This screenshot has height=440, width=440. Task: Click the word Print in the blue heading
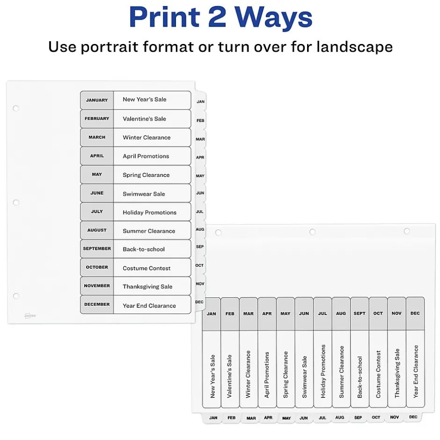coord(164,17)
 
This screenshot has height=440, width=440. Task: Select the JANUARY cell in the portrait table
coord(97,100)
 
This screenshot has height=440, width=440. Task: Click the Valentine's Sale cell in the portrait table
coord(152,119)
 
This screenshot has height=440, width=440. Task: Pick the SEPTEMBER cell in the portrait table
coord(97,249)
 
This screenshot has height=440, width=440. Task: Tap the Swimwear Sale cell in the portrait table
coord(152,193)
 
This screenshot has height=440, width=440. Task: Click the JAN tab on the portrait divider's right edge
coord(200,101)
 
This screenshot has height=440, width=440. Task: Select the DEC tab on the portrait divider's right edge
coord(199,302)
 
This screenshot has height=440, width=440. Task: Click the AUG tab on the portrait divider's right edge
coord(200,229)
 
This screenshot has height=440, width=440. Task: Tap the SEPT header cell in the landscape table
coord(359,314)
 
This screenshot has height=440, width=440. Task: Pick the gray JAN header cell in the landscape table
coord(211,314)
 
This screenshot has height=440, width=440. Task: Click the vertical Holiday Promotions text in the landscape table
coord(323,371)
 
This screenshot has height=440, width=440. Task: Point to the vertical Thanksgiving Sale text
coord(397,373)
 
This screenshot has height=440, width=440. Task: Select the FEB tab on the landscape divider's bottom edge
coord(232,418)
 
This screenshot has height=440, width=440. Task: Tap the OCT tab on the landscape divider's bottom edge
coord(376,417)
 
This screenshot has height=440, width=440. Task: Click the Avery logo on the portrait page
coord(30,316)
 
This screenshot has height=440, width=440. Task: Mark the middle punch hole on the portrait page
coord(16,202)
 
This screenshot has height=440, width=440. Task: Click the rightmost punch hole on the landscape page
coord(407,231)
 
